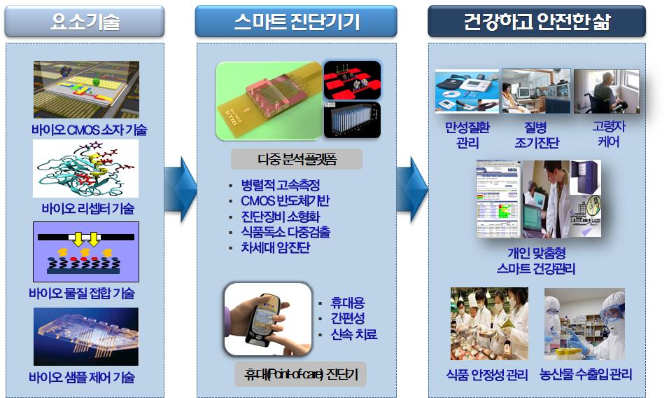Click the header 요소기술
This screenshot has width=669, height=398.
(85, 21)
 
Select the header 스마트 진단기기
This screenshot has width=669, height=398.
(297, 21)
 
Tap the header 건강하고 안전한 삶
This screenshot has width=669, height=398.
(537, 21)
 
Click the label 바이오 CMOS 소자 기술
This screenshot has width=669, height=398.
(89, 130)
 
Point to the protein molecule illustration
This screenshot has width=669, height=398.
(86, 169)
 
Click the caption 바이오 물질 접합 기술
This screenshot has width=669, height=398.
(82, 293)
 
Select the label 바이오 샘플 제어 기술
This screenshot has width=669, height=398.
(82, 377)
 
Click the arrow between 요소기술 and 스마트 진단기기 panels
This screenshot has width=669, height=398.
(180, 189)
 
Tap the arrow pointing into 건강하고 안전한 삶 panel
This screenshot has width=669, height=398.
(412, 189)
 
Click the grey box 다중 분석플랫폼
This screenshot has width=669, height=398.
(297, 159)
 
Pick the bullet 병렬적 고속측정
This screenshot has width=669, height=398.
(281, 185)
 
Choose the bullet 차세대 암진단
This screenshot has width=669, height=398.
(275, 247)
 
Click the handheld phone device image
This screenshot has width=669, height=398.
(268, 319)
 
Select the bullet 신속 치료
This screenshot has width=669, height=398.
(354, 334)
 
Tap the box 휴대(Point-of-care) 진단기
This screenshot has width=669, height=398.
(301, 374)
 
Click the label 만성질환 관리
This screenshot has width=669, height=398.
(467, 135)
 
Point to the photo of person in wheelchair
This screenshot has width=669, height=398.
(606, 91)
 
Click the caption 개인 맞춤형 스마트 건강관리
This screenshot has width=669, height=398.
(536, 261)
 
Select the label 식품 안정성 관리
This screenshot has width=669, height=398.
(487, 375)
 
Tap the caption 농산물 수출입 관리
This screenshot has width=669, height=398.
(586, 374)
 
